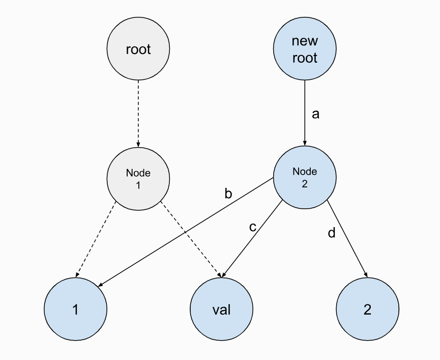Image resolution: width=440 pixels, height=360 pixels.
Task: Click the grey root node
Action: [x=138, y=49]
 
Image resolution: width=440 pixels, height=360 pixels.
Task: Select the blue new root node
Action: [x=305, y=49]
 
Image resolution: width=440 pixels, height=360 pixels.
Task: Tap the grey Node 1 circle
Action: [x=138, y=179]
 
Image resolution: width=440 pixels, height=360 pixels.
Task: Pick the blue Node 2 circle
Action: [x=305, y=178]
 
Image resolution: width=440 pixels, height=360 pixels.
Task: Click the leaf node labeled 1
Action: [x=75, y=309]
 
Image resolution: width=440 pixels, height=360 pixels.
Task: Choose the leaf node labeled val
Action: [x=221, y=309]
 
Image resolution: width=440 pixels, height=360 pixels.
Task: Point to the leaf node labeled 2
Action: [x=367, y=309]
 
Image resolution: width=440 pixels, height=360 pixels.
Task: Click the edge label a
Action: [x=315, y=114]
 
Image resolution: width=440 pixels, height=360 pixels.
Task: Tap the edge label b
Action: [x=228, y=193]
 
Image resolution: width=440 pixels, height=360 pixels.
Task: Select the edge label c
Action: [x=253, y=227]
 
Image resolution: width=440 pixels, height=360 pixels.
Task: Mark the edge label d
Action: [x=332, y=234]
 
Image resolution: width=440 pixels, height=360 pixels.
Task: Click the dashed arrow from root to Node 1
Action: [x=138, y=112]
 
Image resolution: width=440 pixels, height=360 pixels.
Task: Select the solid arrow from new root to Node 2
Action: [x=305, y=112]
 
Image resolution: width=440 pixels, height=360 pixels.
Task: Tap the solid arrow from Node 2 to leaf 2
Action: [x=347, y=239]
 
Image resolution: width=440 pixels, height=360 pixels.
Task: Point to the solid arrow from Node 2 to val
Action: [x=253, y=239]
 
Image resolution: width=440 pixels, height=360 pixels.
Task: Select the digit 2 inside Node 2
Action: [x=305, y=184]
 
